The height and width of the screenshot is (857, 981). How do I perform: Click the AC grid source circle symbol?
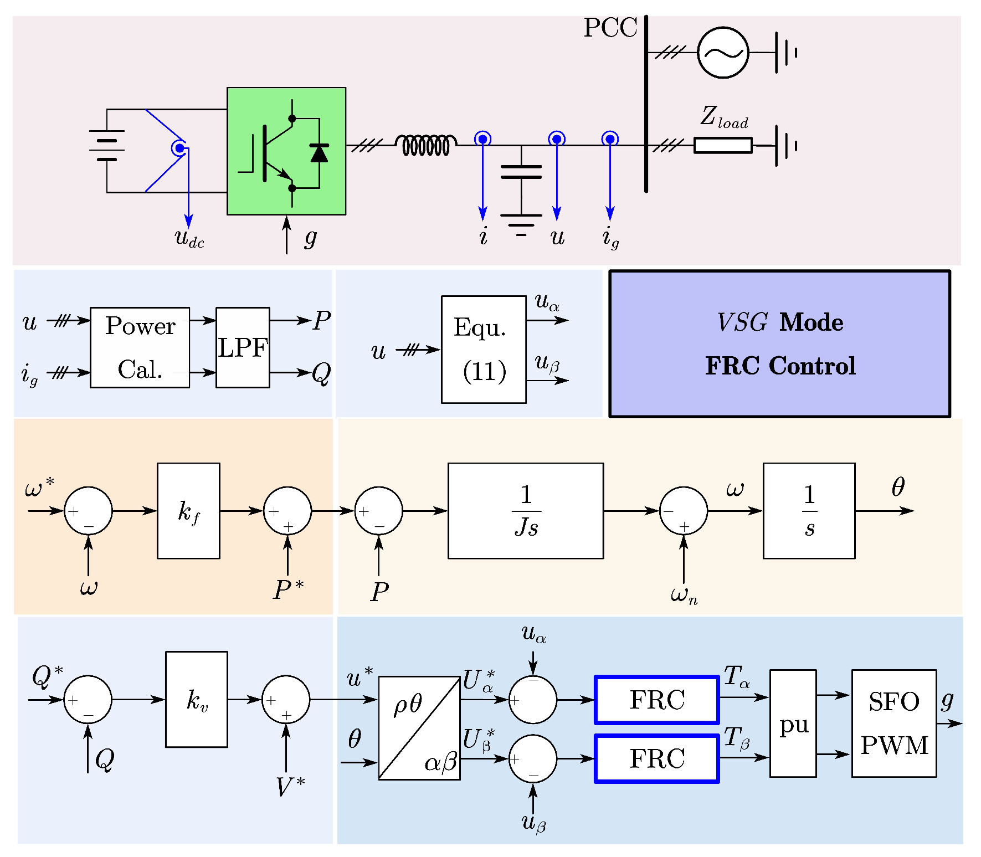click(722, 53)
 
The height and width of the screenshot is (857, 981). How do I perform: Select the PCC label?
click(610, 28)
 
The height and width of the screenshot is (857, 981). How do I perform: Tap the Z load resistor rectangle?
click(722, 146)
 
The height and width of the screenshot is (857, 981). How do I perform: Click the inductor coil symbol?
click(426, 145)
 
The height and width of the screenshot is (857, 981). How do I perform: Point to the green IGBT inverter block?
click(286, 151)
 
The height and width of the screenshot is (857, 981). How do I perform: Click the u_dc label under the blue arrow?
click(189, 239)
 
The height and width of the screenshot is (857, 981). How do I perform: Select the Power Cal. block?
click(140, 347)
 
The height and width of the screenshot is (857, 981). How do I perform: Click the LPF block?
click(243, 347)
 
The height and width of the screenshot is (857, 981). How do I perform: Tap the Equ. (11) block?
click(484, 350)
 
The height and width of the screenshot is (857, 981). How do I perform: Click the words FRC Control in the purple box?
click(780, 366)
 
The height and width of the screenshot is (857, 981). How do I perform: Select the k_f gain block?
click(188, 511)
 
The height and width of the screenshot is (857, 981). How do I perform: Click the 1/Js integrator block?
click(525, 511)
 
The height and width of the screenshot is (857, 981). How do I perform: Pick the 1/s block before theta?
click(809, 511)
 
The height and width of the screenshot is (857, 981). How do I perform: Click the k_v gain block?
click(197, 700)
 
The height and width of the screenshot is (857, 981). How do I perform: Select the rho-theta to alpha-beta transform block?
click(419, 728)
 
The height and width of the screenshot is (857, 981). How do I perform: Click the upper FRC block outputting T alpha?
click(656, 700)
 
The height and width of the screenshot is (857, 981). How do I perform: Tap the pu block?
click(793, 723)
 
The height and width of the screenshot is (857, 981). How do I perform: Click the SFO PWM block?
click(893, 723)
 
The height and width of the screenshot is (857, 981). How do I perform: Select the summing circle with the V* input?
click(286, 700)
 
